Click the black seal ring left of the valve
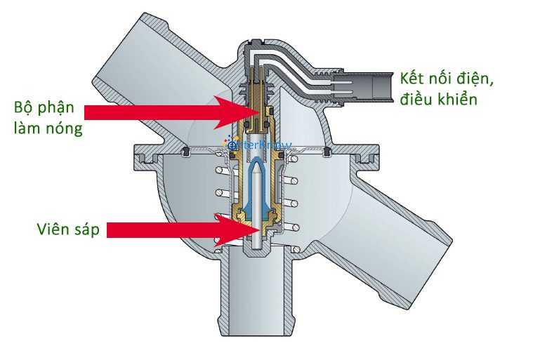187,152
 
